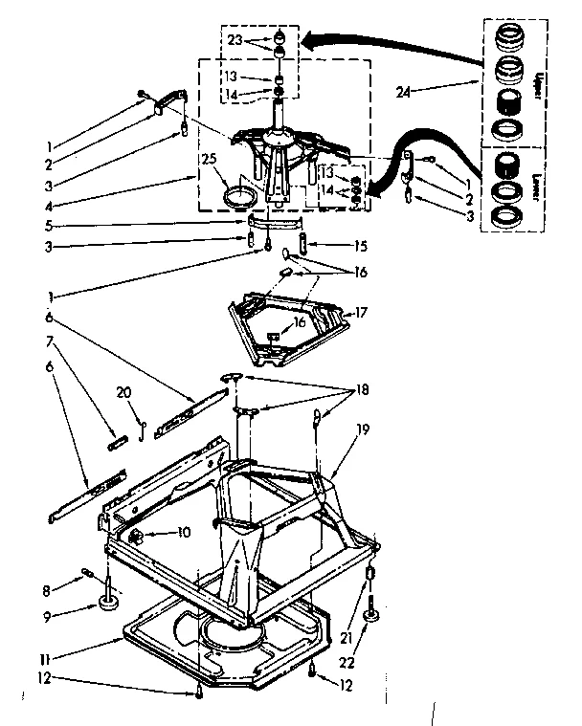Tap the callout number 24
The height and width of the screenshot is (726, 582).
click(403, 92)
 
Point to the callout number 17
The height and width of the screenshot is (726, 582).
click(361, 311)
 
